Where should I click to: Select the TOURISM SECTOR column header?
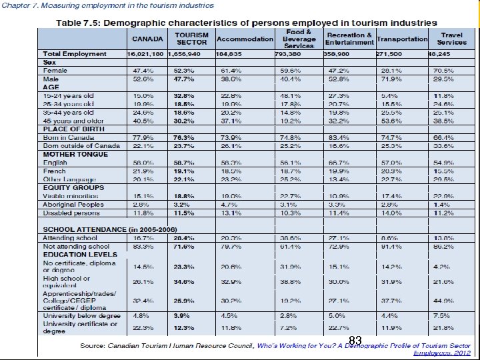[x=191, y=39]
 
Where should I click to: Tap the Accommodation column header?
[x=245, y=39]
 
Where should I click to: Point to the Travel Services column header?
[x=452, y=39]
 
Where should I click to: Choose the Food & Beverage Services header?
[x=299, y=39]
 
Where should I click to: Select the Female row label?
[x=55, y=70]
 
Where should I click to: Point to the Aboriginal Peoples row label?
[x=73, y=204]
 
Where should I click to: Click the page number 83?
[x=355, y=341]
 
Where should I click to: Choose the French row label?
[x=54, y=171]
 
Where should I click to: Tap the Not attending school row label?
[x=75, y=246]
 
